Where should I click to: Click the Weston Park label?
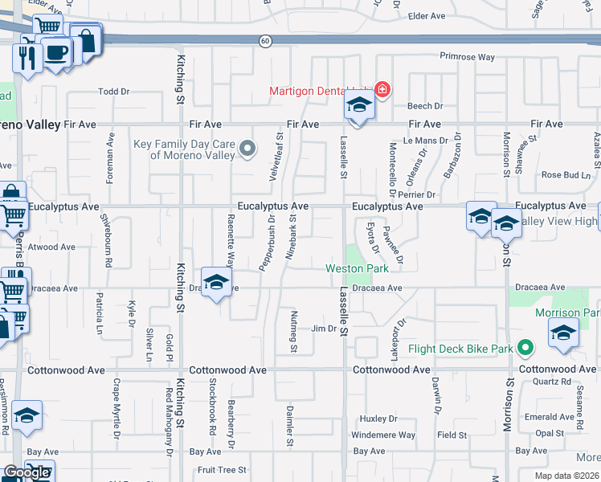click(357, 268)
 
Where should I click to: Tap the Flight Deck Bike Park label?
click(460, 349)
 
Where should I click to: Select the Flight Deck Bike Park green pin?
click(525, 348)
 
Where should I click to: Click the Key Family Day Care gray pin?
click(248, 147)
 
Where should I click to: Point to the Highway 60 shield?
click(264, 40)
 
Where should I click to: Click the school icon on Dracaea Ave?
click(215, 283)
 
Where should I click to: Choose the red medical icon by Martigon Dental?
click(382, 88)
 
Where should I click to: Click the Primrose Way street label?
click(467, 57)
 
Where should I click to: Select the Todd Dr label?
click(113, 92)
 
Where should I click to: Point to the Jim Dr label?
click(323, 329)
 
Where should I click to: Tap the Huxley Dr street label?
click(378, 419)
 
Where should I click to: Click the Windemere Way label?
click(383, 435)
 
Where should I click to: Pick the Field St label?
click(452, 435)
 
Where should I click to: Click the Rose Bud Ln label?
click(566, 174)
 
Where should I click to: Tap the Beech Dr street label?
click(425, 106)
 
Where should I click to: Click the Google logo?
click(27, 472)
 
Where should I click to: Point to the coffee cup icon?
click(56, 53)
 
